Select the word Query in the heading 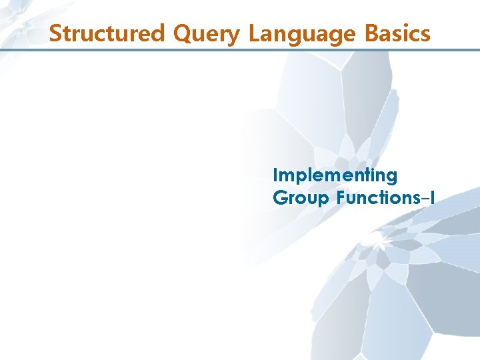(207, 33)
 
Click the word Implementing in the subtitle (335, 176)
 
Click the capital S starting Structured (56, 33)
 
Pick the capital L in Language (254, 33)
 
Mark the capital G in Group (279, 198)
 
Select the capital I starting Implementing (276, 175)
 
